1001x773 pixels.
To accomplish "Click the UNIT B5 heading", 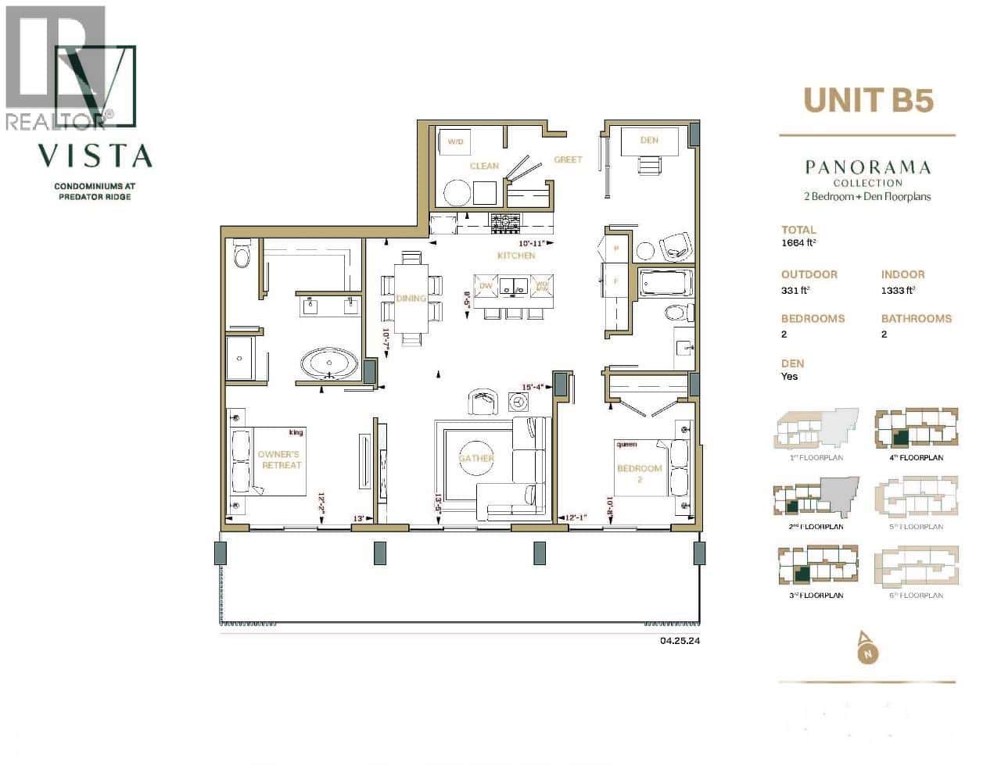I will point(868,100).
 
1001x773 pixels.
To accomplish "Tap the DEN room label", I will point(649,140).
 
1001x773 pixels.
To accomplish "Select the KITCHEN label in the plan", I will point(516,256).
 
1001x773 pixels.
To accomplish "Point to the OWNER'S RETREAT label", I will point(280,460).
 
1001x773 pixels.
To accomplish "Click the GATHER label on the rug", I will point(476,458).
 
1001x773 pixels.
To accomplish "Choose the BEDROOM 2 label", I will point(640,474).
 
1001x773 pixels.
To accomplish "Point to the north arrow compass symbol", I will point(866,649).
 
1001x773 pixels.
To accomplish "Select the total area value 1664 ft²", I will point(798,243).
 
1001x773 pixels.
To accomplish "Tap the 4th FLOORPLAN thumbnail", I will point(916,431).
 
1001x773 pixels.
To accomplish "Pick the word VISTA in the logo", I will point(95,156).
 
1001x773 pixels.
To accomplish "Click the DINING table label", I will point(411,298).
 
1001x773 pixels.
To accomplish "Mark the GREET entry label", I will point(568,159).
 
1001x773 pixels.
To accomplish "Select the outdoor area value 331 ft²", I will point(795,290).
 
